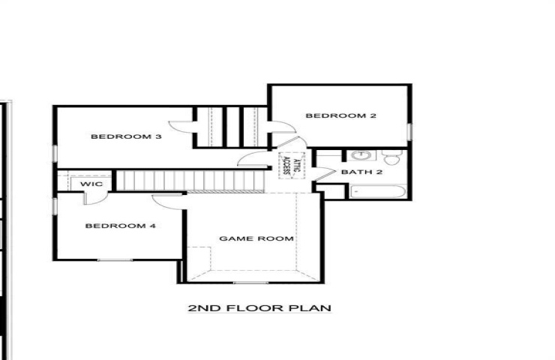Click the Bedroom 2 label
pyautogui.click(x=340, y=115)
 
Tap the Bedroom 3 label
pyautogui.click(x=126, y=136)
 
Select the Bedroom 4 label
pyautogui.click(x=120, y=226)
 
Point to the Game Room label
pyautogui.click(x=256, y=238)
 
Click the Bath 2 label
pyautogui.click(x=361, y=172)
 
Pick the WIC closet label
pyautogui.click(x=91, y=184)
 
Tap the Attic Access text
pyautogui.click(x=292, y=166)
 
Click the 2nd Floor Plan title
pyautogui.click(x=259, y=308)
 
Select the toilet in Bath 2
pyautogui.click(x=391, y=157)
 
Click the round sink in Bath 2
pyautogui.click(x=361, y=155)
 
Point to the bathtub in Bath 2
pyautogui.click(x=378, y=192)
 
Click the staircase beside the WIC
pyautogui.click(x=190, y=181)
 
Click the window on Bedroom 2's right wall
pyautogui.click(x=409, y=132)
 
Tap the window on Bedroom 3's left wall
pyautogui.click(x=55, y=154)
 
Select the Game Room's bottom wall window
pyautogui.click(x=250, y=283)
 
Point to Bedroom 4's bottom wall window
pyautogui.click(x=115, y=260)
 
